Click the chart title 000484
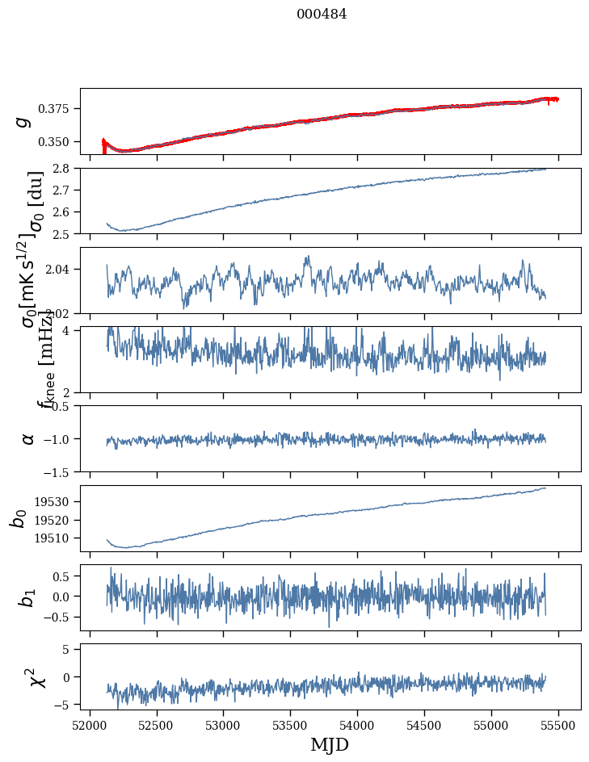click(x=322, y=14)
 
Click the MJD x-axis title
click(x=330, y=744)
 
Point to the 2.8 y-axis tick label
click(x=65, y=168)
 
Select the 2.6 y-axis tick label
click(x=65, y=211)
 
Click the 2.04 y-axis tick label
click(x=61, y=268)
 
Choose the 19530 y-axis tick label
click(x=57, y=501)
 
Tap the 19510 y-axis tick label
click(x=57, y=538)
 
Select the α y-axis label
click(x=28, y=438)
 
